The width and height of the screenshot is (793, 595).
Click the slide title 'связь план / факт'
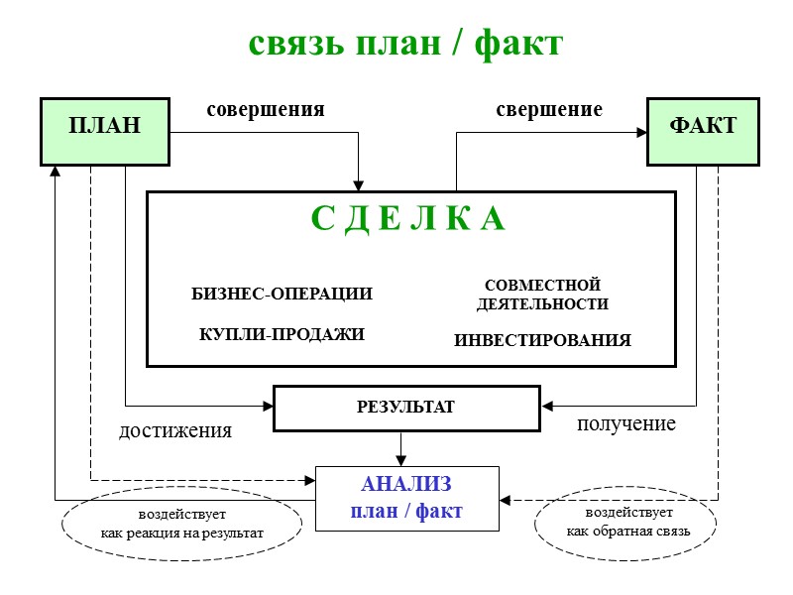404,43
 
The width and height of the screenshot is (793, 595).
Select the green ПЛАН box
104,130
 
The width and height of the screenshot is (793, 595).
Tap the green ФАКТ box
703,130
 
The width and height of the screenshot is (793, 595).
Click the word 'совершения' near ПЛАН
266,109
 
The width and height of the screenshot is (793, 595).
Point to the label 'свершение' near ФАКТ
549,109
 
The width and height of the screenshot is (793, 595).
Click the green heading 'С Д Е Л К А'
408,220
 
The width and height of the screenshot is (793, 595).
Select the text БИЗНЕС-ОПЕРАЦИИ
282,294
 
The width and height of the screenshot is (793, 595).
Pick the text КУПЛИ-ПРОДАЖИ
283,334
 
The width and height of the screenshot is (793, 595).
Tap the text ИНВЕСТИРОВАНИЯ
542,340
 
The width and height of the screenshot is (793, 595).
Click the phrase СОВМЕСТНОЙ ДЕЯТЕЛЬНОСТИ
542,295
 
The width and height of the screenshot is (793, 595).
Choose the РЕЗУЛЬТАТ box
405,408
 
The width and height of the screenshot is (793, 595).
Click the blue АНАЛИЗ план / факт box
406,498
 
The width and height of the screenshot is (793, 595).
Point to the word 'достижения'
175,430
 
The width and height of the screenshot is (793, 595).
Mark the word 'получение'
625,423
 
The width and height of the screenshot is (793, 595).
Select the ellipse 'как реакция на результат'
181,525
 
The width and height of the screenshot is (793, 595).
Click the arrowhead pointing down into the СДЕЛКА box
359,184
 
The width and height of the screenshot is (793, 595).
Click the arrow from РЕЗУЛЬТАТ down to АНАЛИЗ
401,448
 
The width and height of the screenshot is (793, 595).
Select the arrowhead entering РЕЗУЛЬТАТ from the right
547,406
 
